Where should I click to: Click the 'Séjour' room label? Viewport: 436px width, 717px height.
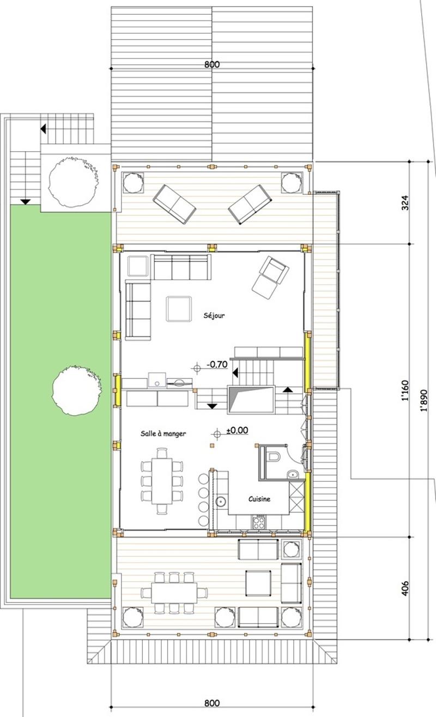click(x=214, y=315)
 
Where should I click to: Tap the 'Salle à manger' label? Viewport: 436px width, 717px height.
click(x=163, y=433)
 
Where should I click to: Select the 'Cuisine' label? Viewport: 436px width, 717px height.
click(x=259, y=499)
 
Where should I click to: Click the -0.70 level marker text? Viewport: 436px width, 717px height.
click(x=217, y=364)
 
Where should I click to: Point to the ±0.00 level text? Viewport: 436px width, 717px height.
click(x=237, y=430)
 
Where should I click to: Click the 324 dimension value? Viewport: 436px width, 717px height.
click(x=405, y=202)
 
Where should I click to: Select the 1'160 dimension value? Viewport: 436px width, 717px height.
click(x=405, y=390)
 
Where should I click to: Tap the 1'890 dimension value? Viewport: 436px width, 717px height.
click(x=423, y=401)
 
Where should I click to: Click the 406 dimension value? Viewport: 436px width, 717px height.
click(x=405, y=588)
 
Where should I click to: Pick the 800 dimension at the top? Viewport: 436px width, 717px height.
click(x=212, y=64)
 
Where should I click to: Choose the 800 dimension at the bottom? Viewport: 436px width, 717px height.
click(x=212, y=703)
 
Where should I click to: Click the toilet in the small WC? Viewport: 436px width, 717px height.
click(x=273, y=456)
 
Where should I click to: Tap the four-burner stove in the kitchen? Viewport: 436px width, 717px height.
click(x=258, y=522)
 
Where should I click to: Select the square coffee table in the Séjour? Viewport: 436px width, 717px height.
click(x=179, y=309)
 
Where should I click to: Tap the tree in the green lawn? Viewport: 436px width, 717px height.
click(x=77, y=390)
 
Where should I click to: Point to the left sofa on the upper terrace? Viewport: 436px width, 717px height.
click(x=174, y=204)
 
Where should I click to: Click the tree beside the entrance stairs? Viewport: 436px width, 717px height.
click(x=73, y=182)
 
